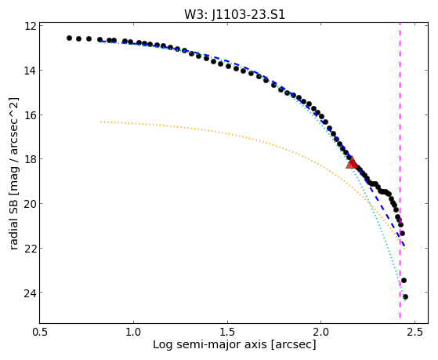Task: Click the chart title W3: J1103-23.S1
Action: [234, 14]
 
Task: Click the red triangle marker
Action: [351, 163]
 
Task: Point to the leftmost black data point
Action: [69, 38]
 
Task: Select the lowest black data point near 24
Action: [405, 296]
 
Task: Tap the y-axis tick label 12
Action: [31, 26]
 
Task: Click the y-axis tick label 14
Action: [31, 71]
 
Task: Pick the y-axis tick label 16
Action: [31, 115]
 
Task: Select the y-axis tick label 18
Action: [31, 159]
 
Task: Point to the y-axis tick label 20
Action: [31, 203]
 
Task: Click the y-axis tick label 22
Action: [31, 248]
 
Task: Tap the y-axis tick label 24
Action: [31, 293]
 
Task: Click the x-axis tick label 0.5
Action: [40, 332]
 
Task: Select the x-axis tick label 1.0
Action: [134, 332]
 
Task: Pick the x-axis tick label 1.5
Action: [228, 332]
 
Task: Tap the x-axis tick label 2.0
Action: [321, 332]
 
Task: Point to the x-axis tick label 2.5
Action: [415, 332]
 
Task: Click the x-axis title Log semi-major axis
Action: [210, 344]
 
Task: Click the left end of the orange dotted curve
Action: [101, 122]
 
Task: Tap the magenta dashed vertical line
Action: [400, 170]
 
